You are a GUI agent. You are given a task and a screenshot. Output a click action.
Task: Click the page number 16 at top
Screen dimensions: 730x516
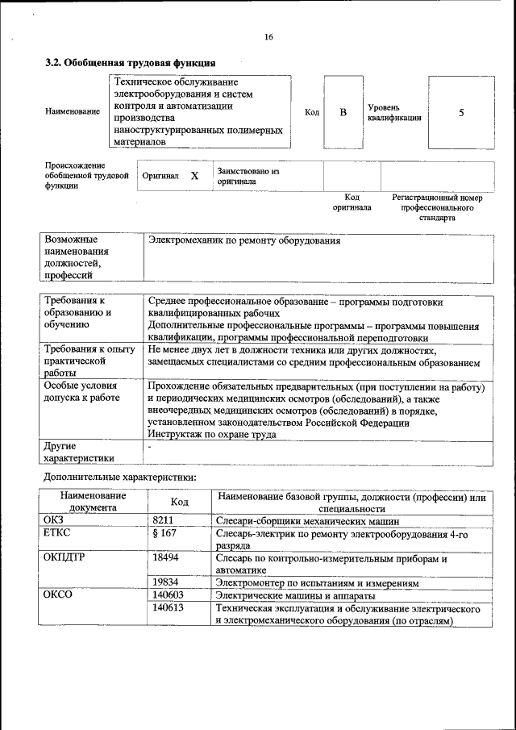pos(268,37)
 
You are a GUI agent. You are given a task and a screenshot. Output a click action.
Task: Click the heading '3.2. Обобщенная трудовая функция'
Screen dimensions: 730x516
pos(130,63)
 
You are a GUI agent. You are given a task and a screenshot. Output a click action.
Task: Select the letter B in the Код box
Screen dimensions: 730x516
pos(343,113)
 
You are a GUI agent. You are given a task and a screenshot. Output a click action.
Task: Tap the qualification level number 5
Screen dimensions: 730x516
pos(461,113)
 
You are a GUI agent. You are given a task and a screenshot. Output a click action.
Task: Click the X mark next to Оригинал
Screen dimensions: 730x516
pos(194,175)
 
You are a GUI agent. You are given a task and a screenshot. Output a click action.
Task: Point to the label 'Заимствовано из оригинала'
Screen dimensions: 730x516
pos(247,176)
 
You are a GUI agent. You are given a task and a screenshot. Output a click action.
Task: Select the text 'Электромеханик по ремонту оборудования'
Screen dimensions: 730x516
pos(244,241)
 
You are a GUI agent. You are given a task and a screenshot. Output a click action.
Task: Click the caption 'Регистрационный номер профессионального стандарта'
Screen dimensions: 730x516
pos(437,207)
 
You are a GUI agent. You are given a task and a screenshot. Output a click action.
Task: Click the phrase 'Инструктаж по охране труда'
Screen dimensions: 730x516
pos(212,434)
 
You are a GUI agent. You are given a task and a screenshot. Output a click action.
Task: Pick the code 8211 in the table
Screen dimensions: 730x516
pos(163,520)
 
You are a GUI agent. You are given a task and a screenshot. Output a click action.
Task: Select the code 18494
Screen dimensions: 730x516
pos(165,557)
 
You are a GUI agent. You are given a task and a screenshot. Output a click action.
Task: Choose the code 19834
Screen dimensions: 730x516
pos(165,582)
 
